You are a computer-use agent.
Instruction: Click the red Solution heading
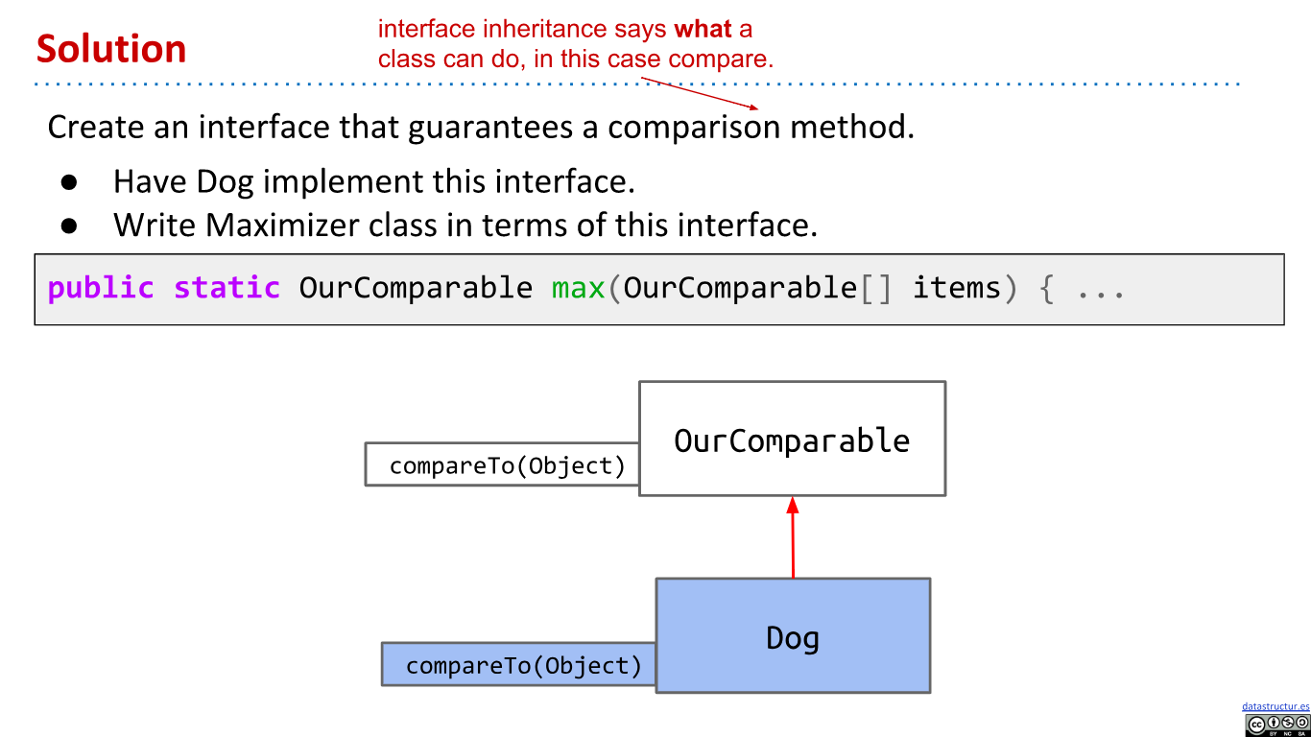tap(111, 49)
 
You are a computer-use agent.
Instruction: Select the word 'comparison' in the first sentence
tap(694, 127)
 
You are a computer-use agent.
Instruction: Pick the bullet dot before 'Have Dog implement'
tap(68, 181)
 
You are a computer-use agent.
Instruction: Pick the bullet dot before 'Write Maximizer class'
tap(68, 225)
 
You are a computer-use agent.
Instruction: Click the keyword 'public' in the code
tap(101, 288)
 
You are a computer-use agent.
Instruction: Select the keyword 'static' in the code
tap(226, 288)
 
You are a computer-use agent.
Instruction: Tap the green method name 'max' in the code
tap(579, 288)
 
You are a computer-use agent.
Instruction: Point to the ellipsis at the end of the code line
tap(1100, 290)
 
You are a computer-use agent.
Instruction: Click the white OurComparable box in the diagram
tap(792, 440)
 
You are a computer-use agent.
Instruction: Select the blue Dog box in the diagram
tap(793, 636)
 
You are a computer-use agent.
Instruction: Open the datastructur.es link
tap(1275, 706)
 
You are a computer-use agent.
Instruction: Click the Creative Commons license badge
tap(1276, 725)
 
